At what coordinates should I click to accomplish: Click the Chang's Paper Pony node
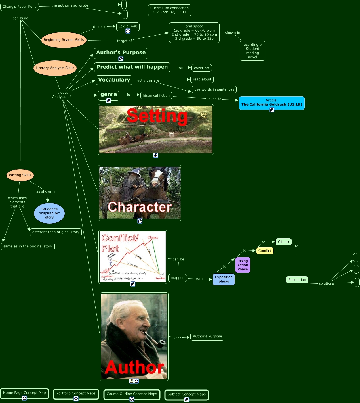(x=20, y=7)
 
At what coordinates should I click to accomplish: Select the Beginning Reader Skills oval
(x=64, y=40)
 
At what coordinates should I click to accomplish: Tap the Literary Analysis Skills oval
(x=55, y=68)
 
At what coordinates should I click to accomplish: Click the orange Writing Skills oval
(x=20, y=175)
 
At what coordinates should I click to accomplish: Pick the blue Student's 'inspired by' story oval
(x=49, y=213)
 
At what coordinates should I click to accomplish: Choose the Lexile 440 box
(x=128, y=26)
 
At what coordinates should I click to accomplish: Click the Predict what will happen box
(x=132, y=67)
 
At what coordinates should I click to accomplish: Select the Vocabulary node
(x=114, y=80)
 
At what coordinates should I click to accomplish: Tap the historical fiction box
(x=156, y=95)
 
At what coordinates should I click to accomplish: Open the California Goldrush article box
(x=272, y=103)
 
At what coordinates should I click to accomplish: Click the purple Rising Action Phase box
(x=243, y=265)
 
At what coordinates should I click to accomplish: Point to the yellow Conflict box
(x=265, y=251)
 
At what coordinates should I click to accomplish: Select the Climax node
(x=284, y=242)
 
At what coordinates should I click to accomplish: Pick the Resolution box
(x=297, y=280)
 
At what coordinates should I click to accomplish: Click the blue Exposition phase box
(x=224, y=279)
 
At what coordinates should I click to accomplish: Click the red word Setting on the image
(x=157, y=116)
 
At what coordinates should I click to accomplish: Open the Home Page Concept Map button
(x=24, y=393)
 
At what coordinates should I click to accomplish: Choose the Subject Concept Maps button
(x=187, y=394)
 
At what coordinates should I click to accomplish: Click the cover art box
(x=202, y=68)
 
